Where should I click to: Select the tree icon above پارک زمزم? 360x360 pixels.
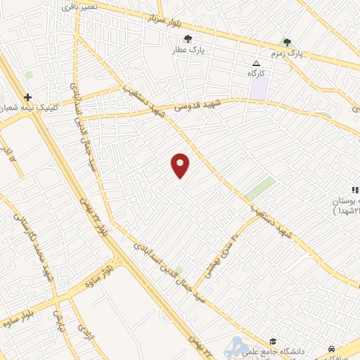click(286, 42)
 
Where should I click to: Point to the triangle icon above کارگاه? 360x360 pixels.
click(255, 63)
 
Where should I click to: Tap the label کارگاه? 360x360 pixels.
click(254, 73)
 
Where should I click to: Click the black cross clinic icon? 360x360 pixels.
click(27, 97)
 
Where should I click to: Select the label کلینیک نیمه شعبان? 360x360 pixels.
click(14, 108)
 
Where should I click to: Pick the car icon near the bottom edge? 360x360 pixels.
click(330, 349)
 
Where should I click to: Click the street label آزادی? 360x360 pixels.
click(84, 330)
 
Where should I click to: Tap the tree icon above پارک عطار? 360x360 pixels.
click(187, 39)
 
